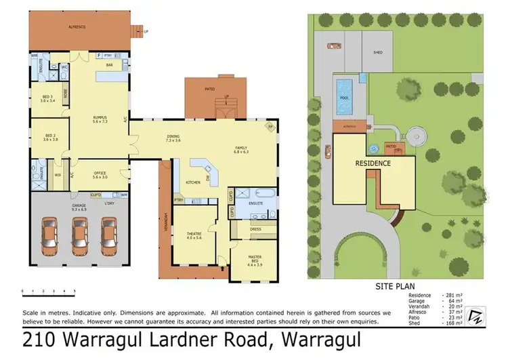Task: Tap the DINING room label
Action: (x=173, y=138)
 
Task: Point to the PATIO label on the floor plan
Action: (x=210, y=88)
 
